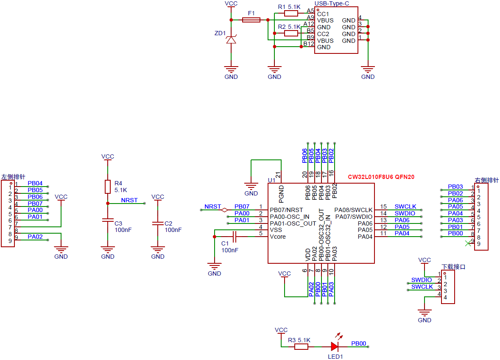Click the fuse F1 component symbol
(x=251, y=20)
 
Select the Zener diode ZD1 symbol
(x=231, y=40)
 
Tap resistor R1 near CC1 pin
(x=291, y=13)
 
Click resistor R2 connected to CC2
(x=291, y=33)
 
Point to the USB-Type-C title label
(x=332, y=3)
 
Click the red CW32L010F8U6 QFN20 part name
(x=381, y=177)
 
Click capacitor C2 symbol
(x=158, y=223)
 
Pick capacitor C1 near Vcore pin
(x=234, y=237)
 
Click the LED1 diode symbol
(x=335, y=346)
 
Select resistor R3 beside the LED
(x=301, y=347)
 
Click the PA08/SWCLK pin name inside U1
(x=353, y=210)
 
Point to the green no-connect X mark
(x=468, y=243)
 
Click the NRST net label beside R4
(x=129, y=200)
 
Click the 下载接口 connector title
(x=453, y=267)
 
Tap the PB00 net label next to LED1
(x=358, y=343)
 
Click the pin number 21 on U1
(x=278, y=174)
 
